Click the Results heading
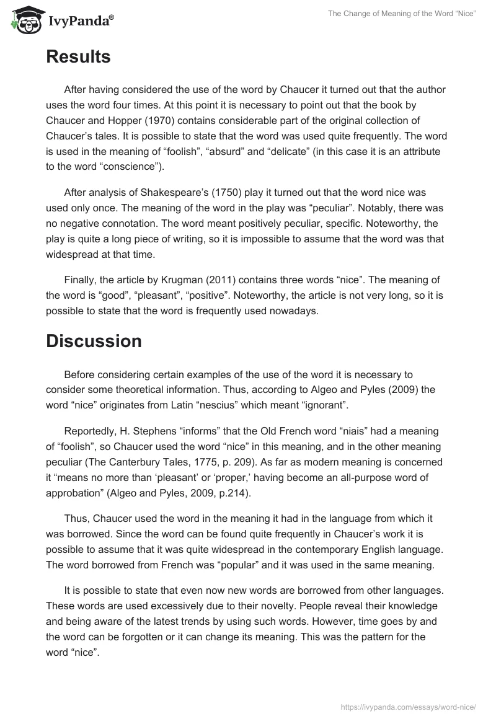78,57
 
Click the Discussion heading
94,341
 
